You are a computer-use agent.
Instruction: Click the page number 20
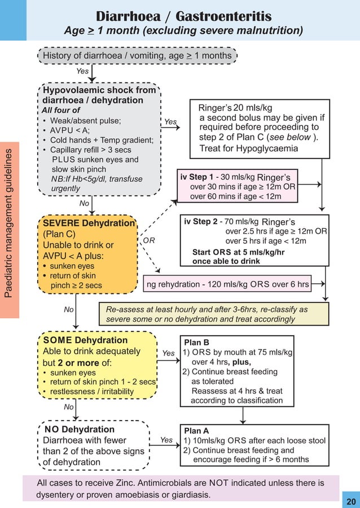click(351, 501)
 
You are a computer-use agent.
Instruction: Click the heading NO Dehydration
click(79, 430)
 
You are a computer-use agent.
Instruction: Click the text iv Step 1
click(197, 176)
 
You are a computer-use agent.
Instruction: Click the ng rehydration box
click(227, 284)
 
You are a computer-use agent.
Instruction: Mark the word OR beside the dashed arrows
click(149, 240)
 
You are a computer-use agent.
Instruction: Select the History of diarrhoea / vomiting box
click(137, 55)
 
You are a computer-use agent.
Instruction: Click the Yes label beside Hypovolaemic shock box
click(170, 121)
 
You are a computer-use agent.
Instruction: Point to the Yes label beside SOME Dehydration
click(168, 353)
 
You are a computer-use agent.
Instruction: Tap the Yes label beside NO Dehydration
click(166, 440)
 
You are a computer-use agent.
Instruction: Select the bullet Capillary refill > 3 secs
click(93, 150)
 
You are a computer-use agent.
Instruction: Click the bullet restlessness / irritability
click(92, 392)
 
